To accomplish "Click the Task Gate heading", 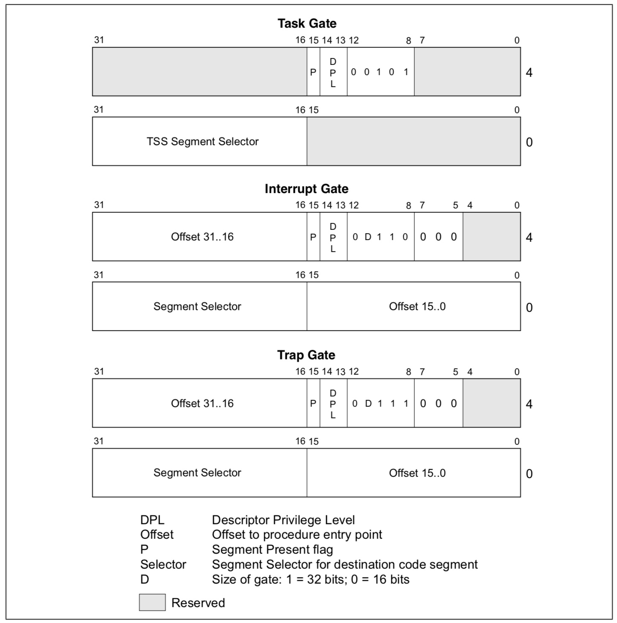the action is (307, 23).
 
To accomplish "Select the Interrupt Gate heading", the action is (306, 189).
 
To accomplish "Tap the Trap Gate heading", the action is (306, 355).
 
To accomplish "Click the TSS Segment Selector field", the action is (202, 141).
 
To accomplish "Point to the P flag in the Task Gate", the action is (313, 72).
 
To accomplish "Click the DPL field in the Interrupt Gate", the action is (333, 237).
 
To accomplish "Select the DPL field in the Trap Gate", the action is (333, 404).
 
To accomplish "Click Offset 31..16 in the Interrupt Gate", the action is (202, 237).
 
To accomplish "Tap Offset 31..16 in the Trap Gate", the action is (202, 403).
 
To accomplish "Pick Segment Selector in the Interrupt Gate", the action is (197, 306).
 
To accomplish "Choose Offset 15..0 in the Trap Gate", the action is (417, 473).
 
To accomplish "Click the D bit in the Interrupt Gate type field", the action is (368, 237).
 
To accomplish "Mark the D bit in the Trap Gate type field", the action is (368, 403).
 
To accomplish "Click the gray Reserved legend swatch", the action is (152, 602).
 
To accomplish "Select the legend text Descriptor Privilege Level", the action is (283, 520).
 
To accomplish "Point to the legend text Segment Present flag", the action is (272, 550).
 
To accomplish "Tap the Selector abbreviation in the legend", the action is (163, 564).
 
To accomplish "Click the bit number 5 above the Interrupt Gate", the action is (455, 205).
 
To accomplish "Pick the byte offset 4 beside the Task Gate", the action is (529, 72).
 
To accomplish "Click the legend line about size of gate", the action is (311, 579).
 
